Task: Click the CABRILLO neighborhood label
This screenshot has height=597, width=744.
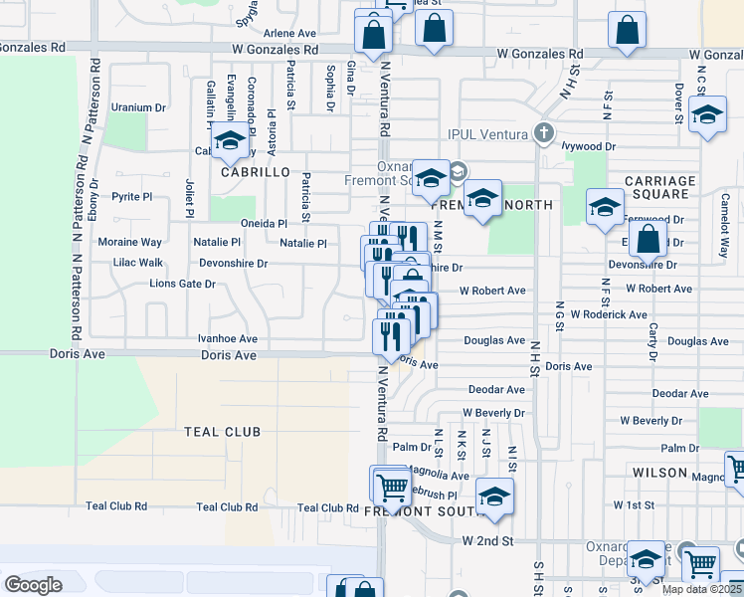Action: [255, 172]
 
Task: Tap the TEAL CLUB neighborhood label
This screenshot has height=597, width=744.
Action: [222, 432]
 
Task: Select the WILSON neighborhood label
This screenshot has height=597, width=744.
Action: [659, 472]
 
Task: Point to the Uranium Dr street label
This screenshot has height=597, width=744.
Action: [138, 107]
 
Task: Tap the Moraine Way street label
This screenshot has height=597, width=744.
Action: [129, 242]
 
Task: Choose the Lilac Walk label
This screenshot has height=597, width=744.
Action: [138, 263]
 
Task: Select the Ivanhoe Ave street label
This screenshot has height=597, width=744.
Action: [228, 338]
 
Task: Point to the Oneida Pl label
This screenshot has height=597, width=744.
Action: [265, 224]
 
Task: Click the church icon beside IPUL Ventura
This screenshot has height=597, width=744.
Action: [543, 131]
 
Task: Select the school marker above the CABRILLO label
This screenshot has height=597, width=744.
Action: [230, 140]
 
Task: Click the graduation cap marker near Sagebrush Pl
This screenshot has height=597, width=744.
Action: [494, 497]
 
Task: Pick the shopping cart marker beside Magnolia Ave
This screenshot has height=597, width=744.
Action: [393, 487]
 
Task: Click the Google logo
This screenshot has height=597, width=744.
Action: [33, 585]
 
